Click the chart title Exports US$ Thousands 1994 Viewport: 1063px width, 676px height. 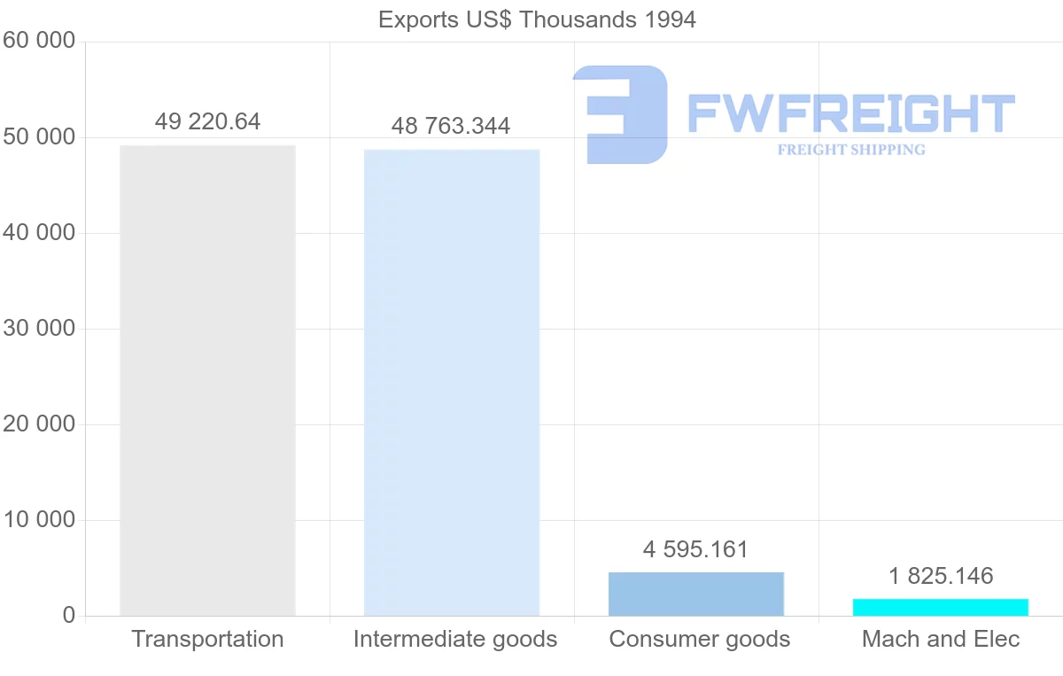(537, 19)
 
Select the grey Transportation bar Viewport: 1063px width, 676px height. (207, 380)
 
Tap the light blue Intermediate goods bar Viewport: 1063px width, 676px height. (452, 382)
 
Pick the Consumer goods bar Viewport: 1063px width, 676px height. (696, 594)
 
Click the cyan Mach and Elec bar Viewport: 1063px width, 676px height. (941, 607)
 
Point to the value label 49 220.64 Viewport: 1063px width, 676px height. (207, 121)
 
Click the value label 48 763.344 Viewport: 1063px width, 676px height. (451, 126)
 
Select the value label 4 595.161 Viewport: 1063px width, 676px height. (696, 549)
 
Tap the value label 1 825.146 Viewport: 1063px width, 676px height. (941, 576)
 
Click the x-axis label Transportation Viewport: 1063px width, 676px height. (207, 639)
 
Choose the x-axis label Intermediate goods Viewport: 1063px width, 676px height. (455, 639)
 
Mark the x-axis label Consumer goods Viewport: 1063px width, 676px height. (700, 639)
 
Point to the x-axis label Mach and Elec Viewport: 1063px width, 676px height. (941, 639)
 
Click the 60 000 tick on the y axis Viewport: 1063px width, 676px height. (39, 42)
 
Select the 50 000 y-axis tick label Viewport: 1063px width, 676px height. (39, 137)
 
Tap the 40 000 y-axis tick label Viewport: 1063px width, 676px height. (39, 233)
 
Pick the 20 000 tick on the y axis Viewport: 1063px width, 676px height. (39, 424)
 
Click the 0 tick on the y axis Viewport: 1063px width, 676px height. (69, 616)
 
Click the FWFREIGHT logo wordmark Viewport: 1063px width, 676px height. (850, 113)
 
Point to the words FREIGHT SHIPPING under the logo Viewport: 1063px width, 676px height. (851, 150)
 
